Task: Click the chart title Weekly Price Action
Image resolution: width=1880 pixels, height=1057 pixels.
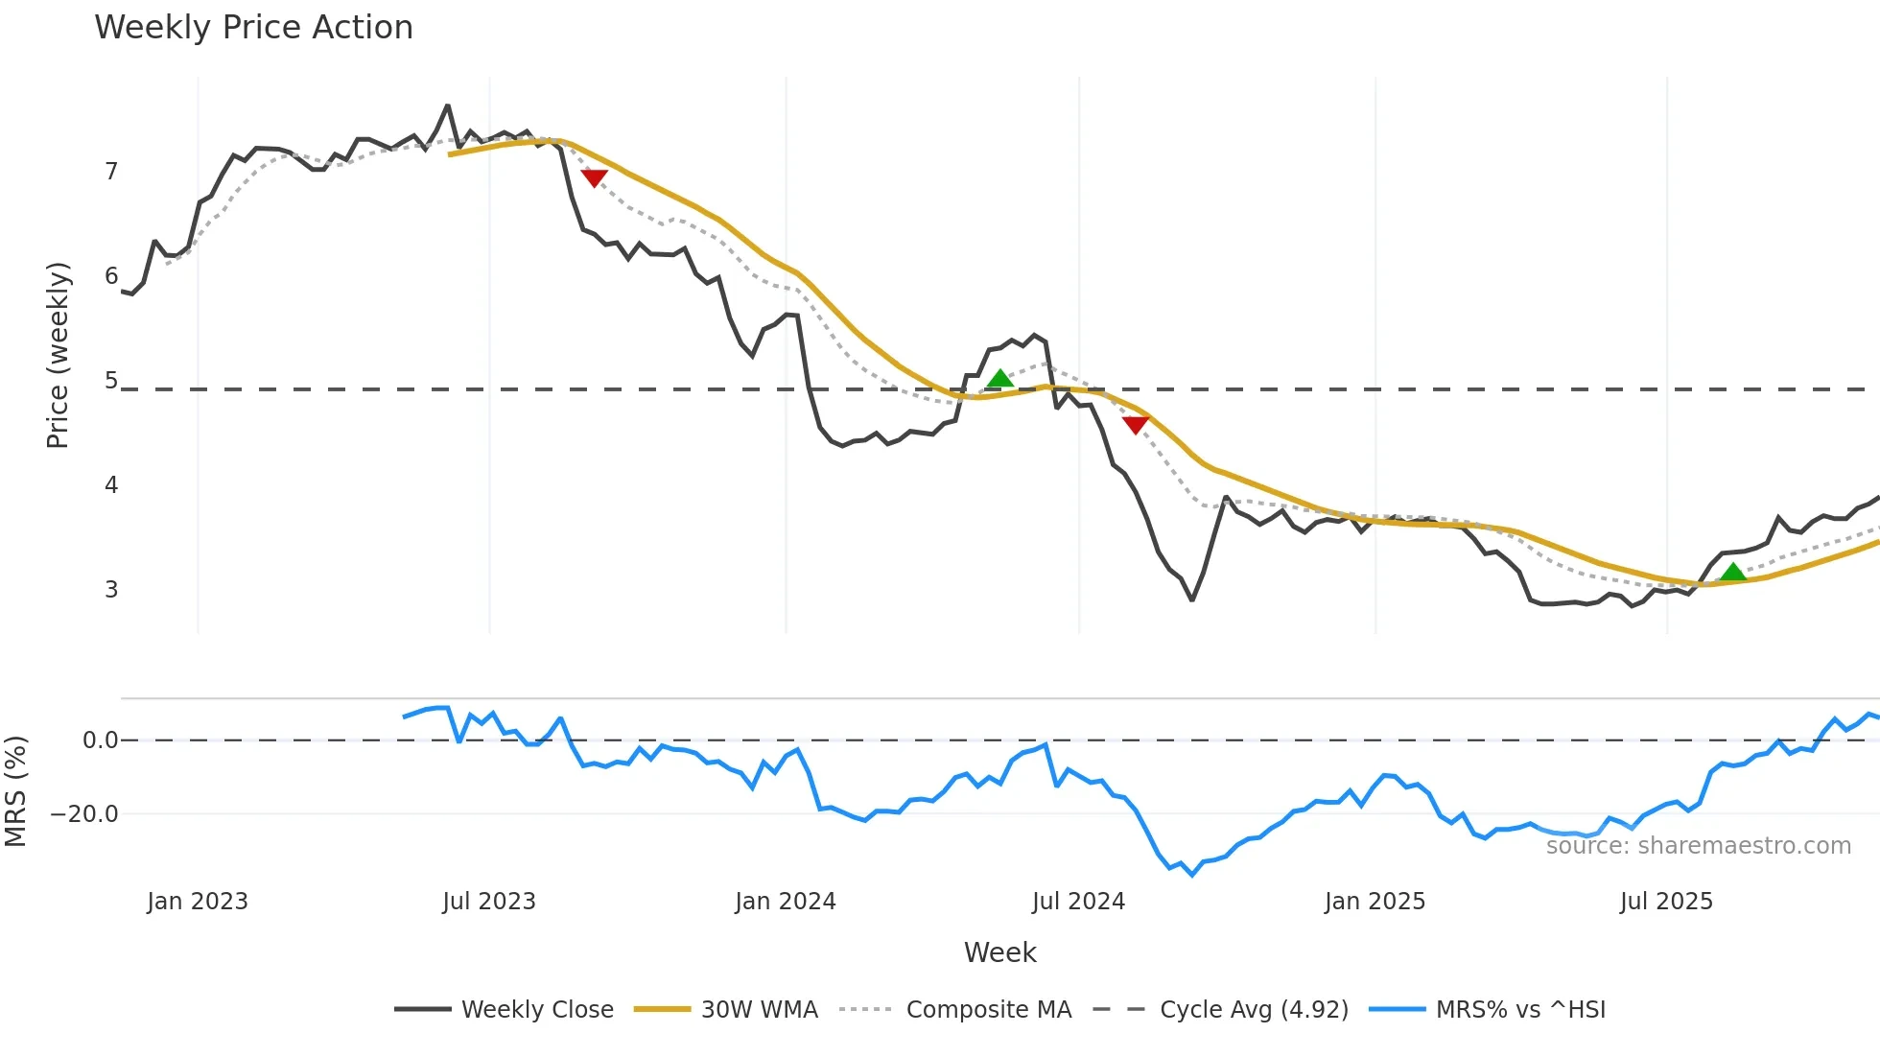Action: tap(253, 28)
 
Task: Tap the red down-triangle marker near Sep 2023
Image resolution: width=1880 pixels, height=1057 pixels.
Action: tap(595, 178)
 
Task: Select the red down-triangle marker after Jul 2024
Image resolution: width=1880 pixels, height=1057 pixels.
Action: tap(1136, 425)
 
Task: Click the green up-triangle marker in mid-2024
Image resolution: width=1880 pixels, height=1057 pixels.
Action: tap(1000, 379)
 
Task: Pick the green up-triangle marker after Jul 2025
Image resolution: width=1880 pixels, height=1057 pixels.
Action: tap(1733, 573)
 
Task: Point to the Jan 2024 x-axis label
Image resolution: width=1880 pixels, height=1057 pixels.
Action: tap(786, 902)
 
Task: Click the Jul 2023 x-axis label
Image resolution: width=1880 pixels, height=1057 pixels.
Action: tap(489, 902)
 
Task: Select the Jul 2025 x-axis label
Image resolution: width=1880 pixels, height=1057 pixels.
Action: tap(1666, 902)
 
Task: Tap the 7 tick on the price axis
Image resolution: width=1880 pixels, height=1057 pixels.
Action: tap(111, 172)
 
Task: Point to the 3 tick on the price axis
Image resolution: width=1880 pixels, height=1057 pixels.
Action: tap(111, 589)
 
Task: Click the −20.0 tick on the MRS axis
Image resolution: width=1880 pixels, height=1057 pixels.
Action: tap(84, 814)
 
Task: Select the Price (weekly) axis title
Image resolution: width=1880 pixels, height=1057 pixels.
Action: tap(58, 355)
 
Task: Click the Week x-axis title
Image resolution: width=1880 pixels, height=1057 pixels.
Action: tap(999, 952)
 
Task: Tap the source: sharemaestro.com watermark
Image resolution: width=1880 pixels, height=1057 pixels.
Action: tap(1698, 846)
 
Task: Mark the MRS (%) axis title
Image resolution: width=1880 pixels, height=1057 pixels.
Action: tap(15, 791)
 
